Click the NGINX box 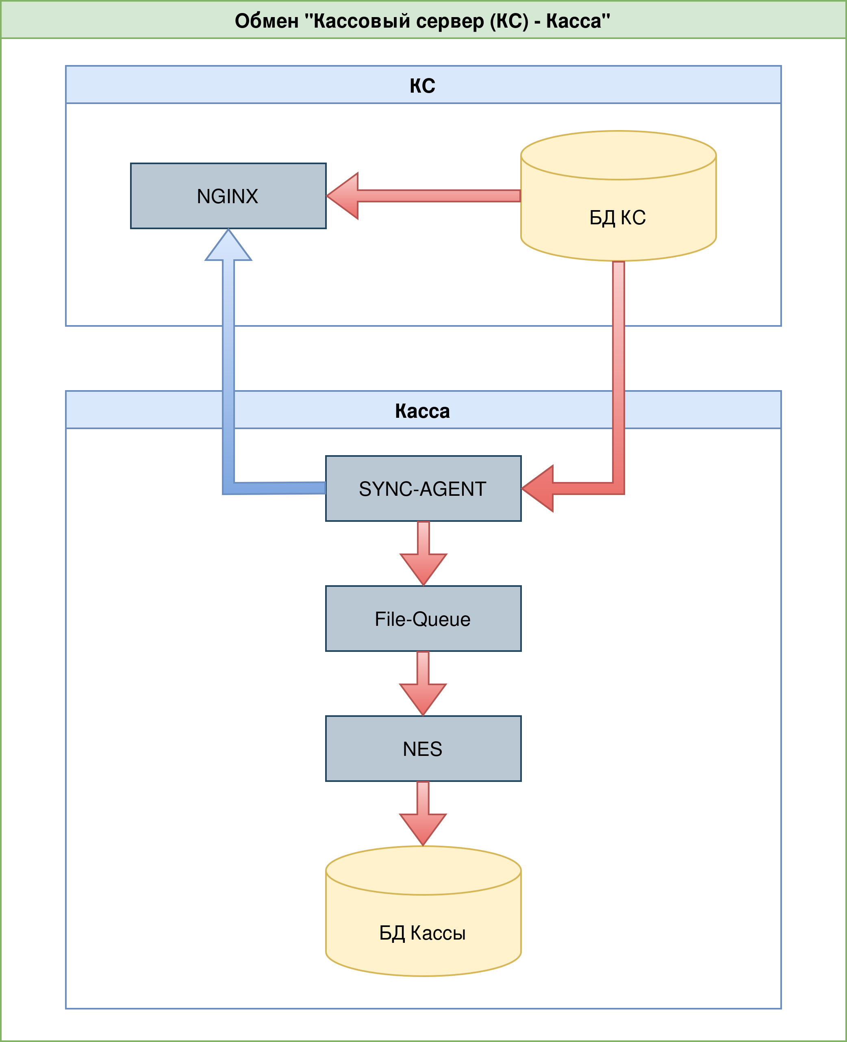[x=228, y=195]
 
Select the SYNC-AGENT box [x=423, y=488]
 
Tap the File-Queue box [x=423, y=619]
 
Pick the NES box [x=423, y=748]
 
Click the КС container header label [x=423, y=85]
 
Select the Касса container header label [x=423, y=411]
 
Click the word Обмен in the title [x=266, y=21]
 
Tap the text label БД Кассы [x=423, y=933]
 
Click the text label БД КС [x=618, y=217]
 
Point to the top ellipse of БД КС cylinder [x=618, y=155]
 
